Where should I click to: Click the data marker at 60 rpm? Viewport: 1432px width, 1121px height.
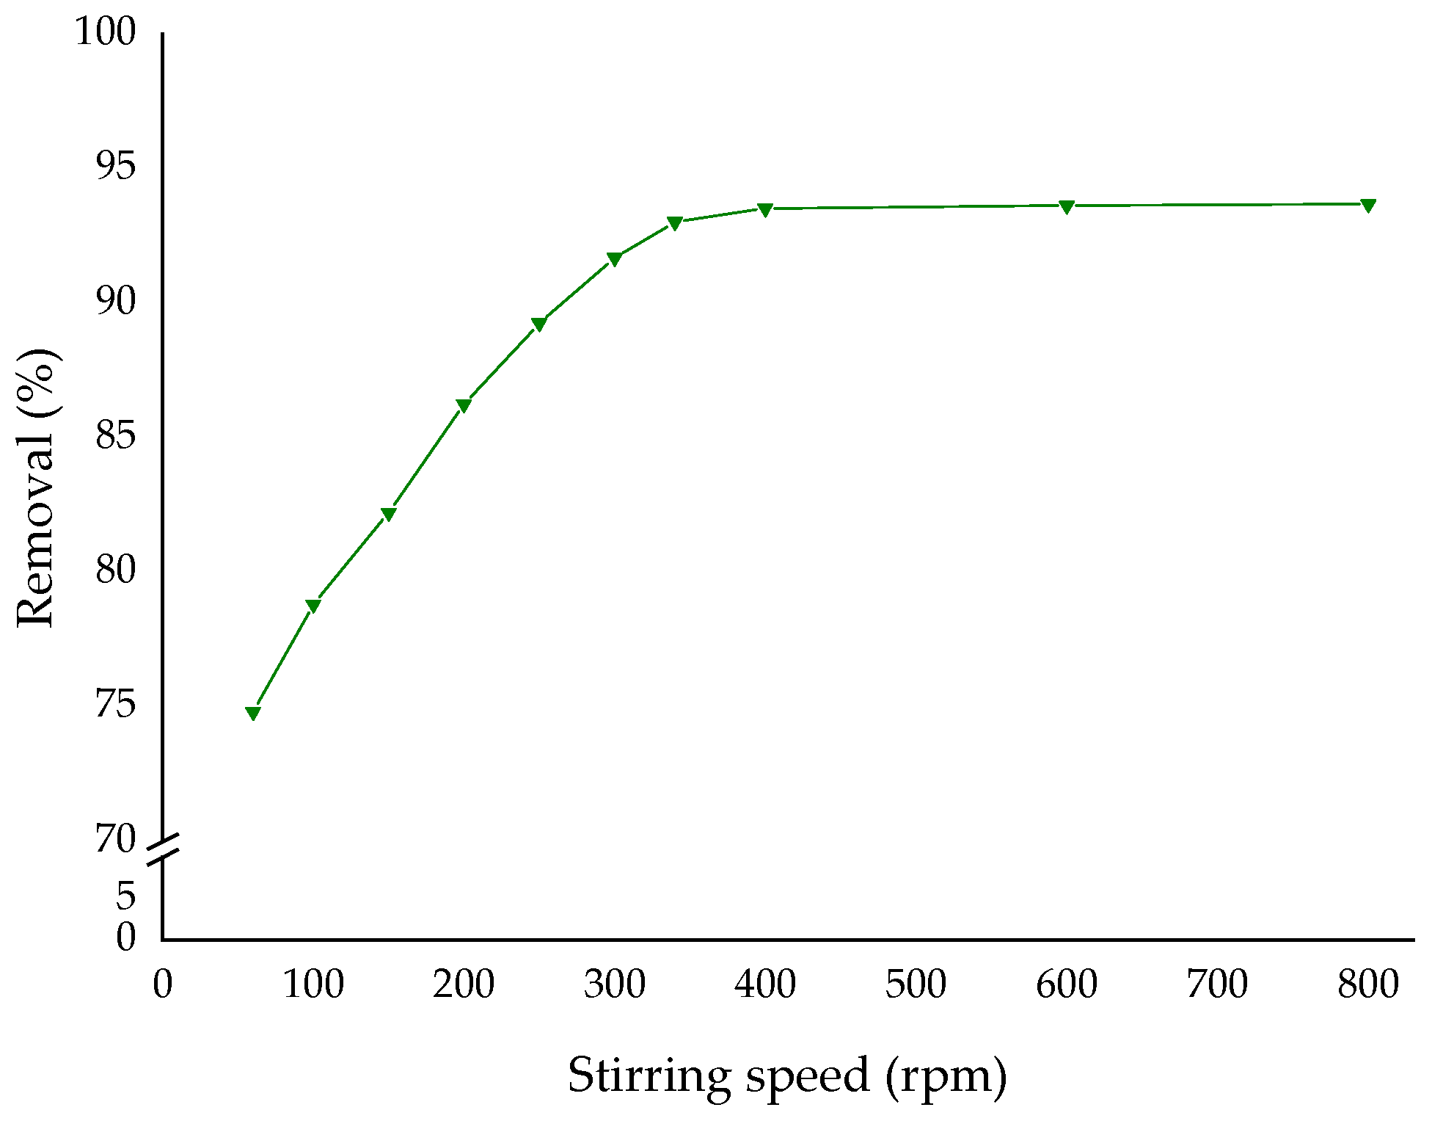click(x=252, y=714)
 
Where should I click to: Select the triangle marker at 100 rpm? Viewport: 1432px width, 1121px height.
click(x=313, y=606)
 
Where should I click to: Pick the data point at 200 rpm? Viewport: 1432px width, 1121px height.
click(x=464, y=405)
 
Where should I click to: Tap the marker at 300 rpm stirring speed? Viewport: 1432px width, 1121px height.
click(x=615, y=258)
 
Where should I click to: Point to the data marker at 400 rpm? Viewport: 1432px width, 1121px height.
click(x=765, y=210)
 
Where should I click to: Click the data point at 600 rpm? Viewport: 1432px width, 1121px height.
click(x=1067, y=206)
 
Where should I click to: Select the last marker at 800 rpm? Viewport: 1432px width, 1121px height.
click(x=1368, y=205)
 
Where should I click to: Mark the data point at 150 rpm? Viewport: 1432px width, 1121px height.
click(x=388, y=513)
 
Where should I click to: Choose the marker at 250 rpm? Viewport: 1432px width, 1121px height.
click(x=538, y=324)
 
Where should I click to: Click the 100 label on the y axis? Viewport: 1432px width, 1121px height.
click(x=106, y=32)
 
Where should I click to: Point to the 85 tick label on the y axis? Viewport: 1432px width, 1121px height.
click(x=116, y=436)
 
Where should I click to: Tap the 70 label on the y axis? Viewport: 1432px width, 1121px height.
click(x=116, y=839)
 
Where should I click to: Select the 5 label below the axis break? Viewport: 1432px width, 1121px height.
click(x=126, y=896)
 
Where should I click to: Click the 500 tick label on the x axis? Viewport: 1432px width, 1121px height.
click(x=916, y=984)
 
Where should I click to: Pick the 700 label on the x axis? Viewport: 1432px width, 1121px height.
click(x=1217, y=984)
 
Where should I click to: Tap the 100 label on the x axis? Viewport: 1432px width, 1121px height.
click(x=313, y=984)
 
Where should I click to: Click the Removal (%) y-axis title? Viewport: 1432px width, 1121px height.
click(x=37, y=488)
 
